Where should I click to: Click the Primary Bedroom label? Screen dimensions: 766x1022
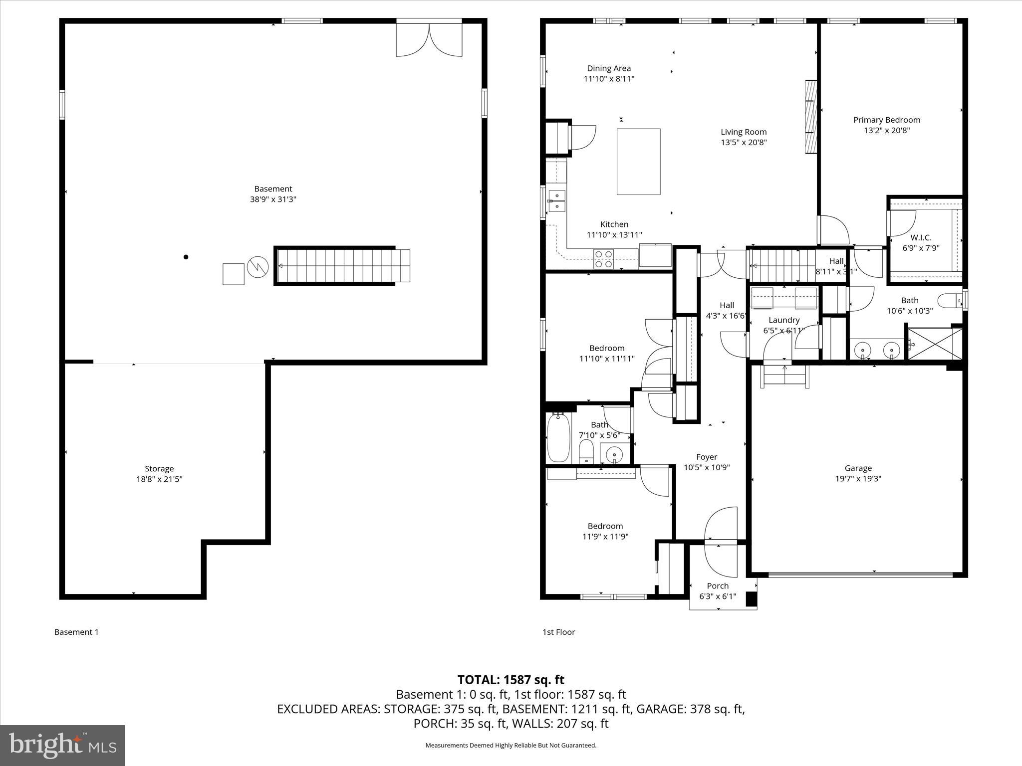tap(886, 120)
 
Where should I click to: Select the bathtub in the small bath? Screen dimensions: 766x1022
tap(558, 438)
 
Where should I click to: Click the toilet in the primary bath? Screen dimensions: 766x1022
tap(949, 301)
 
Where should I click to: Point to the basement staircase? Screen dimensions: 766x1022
tap(342, 266)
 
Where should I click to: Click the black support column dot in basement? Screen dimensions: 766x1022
tap(186, 257)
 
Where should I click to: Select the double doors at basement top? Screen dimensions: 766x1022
tap(429, 39)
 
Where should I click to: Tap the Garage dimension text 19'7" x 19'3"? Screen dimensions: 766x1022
tap(858, 479)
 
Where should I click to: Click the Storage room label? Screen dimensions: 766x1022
tap(159, 469)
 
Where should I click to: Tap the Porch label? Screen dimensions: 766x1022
tap(718, 586)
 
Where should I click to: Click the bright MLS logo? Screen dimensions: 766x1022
tap(62, 745)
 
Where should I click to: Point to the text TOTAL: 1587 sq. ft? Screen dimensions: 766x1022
tap(511, 680)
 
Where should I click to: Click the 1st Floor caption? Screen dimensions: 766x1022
tap(558, 632)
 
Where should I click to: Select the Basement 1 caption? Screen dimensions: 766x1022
tap(76, 632)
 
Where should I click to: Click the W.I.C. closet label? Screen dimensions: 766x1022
tap(921, 238)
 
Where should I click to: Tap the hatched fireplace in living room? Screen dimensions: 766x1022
tap(811, 117)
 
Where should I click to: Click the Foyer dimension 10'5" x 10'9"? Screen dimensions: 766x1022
tap(707, 468)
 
